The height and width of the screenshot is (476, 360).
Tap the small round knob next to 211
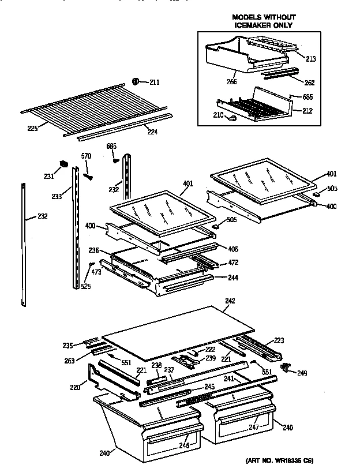tap(137, 80)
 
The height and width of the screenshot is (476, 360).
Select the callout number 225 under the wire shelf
tap(33, 128)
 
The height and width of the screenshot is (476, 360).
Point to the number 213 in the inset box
tap(311, 58)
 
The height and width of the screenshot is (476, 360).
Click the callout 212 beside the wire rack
tap(307, 111)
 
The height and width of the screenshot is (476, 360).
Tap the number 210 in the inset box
tap(217, 116)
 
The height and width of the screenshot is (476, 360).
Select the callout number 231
tap(49, 176)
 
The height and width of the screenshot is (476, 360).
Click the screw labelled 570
tap(88, 174)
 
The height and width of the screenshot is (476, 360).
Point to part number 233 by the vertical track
tap(57, 196)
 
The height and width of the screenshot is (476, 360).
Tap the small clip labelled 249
tap(284, 366)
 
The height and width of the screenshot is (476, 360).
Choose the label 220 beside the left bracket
tap(74, 388)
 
